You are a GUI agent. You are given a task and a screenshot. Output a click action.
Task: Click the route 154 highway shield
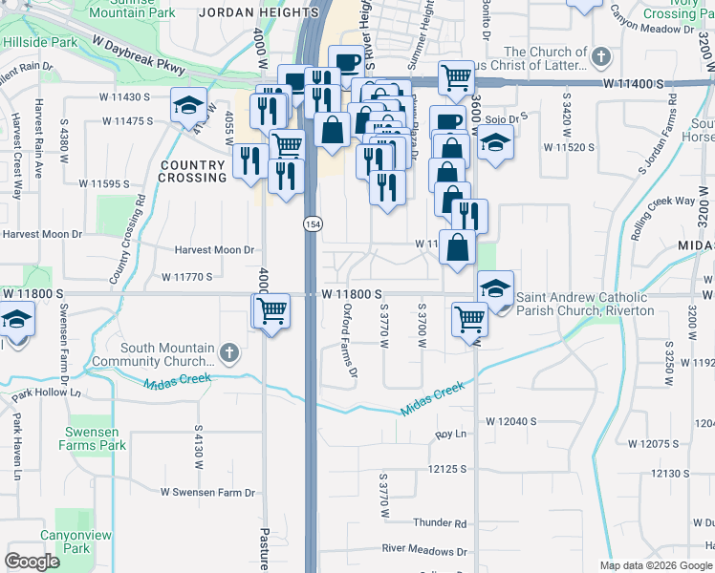[x=313, y=223]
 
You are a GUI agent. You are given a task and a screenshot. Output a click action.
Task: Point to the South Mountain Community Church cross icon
[x=227, y=353]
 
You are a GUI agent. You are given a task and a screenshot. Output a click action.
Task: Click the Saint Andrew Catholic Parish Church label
[x=585, y=304]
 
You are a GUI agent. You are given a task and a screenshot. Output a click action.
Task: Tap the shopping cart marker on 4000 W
[x=271, y=310]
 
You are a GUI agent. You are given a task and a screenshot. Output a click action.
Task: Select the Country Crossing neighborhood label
[x=191, y=171]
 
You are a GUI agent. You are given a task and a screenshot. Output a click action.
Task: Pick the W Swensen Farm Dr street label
[x=208, y=493]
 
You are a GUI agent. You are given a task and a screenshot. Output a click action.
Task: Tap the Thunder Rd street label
[x=440, y=523]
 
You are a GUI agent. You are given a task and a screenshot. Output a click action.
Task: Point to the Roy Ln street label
[x=449, y=435]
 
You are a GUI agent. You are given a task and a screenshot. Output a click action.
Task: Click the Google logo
[x=32, y=562]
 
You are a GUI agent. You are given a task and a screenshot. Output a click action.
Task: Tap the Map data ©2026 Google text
[x=655, y=565]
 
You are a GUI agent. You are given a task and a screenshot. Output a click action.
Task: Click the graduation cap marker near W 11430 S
[x=189, y=104]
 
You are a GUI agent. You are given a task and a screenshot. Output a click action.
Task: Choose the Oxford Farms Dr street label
[x=349, y=339]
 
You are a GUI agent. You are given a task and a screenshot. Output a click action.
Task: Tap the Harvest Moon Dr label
[x=214, y=250]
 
